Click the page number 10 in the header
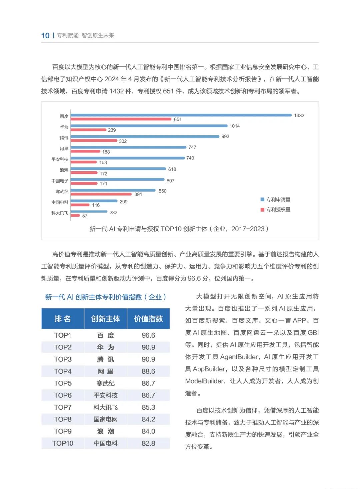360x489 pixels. click(45, 36)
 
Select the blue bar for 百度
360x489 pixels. click(181, 115)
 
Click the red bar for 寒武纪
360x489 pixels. click(101, 194)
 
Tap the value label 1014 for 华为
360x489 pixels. click(235, 126)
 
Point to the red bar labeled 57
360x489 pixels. click(75, 216)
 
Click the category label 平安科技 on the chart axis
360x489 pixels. click(60, 159)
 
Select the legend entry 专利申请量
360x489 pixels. click(276, 199)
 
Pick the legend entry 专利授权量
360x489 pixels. click(276, 209)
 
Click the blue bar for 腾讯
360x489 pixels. click(145, 136)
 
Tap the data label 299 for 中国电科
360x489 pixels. click(123, 202)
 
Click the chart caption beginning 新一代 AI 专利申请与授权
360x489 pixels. click(179, 229)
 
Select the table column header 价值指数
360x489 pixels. click(148, 319)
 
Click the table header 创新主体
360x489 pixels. click(106, 319)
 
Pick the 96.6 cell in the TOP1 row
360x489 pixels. click(148, 335)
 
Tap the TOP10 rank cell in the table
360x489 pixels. click(63, 443)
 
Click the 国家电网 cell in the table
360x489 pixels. click(106, 419)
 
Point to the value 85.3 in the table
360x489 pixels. click(148, 407)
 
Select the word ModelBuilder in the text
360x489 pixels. click(204, 381)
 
